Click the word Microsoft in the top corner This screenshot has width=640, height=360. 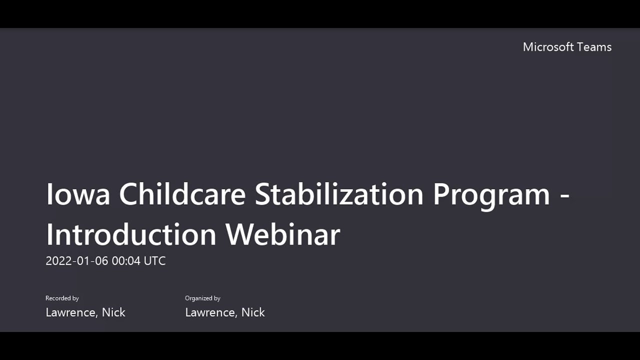(548, 47)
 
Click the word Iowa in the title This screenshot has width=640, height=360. (77, 194)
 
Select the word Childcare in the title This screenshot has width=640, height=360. (182, 194)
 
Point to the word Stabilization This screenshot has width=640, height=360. (339, 194)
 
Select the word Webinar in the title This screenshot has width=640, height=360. (282, 234)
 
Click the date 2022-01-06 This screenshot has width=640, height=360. (76, 261)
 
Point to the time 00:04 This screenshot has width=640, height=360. (125, 261)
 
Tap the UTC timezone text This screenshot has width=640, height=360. (154, 261)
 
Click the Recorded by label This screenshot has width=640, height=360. (62, 298)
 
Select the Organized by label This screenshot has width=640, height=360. (202, 298)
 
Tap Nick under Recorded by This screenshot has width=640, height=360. (113, 312)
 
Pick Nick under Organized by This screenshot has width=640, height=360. (253, 312)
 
